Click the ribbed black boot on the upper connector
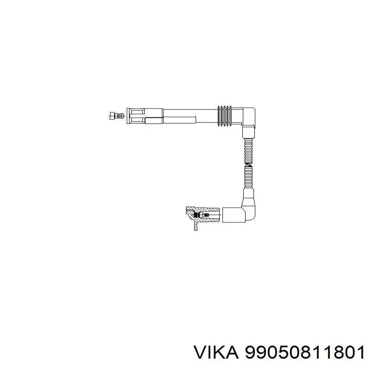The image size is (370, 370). tap(225, 115)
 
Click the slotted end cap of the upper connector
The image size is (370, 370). tap(137, 115)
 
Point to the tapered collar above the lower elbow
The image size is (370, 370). tap(249, 196)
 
